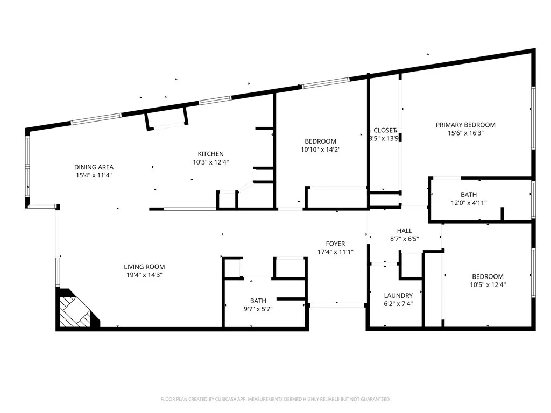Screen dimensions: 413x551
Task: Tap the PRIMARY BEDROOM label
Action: tap(465, 125)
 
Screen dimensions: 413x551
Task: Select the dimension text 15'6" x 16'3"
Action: tap(465, 133)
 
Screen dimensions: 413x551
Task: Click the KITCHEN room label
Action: tap(210, 154)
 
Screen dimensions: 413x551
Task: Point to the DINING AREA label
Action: tap(94, 167)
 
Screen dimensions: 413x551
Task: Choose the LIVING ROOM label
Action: tap(144, 267)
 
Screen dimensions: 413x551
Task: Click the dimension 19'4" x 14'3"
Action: tap(144, 275)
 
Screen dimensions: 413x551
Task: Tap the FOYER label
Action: tap(335, 244)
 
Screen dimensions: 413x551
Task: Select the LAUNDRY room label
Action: tap(398, 296)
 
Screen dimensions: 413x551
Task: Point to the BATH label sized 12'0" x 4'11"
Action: tap(468, 194)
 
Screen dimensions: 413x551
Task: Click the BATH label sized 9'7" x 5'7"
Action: tap(258, 301)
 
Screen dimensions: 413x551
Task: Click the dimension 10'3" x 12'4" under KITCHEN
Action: tap(210, 162)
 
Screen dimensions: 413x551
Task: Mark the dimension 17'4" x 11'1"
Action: tap(335, 252)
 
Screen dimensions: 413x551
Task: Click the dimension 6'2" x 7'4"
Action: tap(398, 304)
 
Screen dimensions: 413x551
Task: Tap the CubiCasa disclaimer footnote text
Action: tap(275, 399)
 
